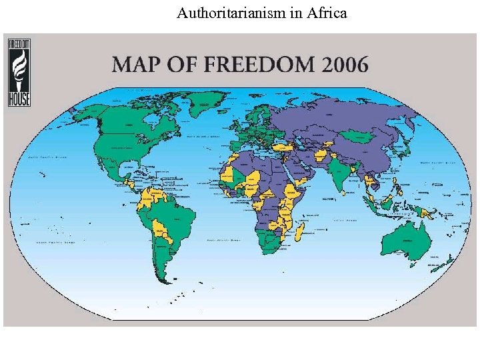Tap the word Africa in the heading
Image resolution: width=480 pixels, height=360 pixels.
324,13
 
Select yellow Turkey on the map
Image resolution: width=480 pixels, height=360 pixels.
284,147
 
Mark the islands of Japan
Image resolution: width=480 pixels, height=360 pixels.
407,151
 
